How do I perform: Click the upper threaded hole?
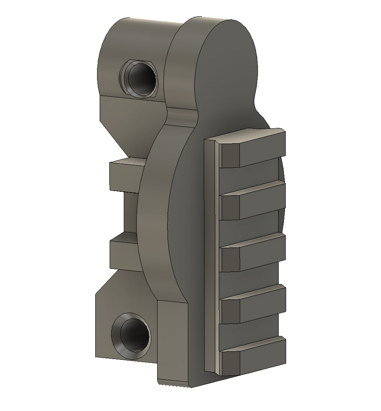click(x=140, y=79)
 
